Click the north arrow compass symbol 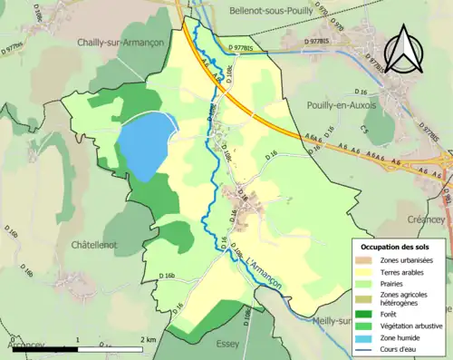pos(405,50)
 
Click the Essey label pos(227,344)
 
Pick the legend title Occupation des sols pos(398,247)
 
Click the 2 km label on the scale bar pos(148,339)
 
